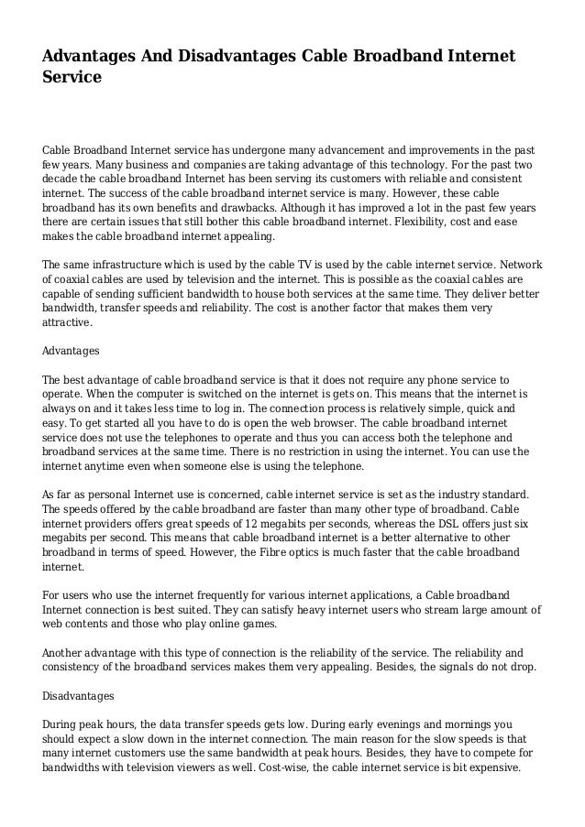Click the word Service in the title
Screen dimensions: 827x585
[x=72, y=79]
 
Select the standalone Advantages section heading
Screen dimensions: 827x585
[x=72, y=351]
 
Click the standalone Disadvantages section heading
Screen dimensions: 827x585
[x=78, y=696]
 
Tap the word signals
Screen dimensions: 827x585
[x=465, y=668]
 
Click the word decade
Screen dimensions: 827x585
[x=61, y=180]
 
